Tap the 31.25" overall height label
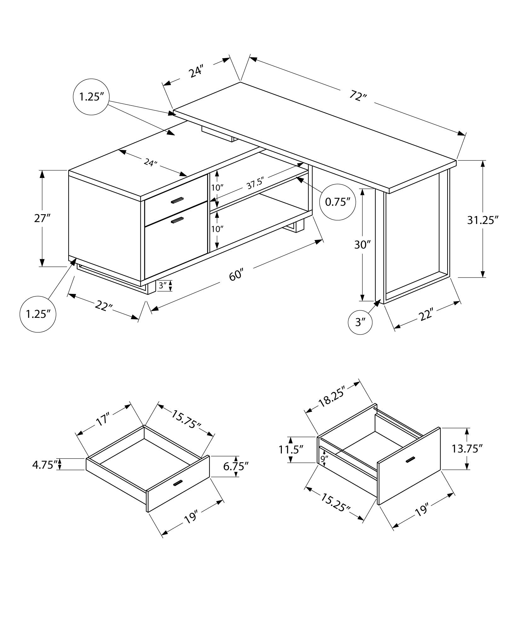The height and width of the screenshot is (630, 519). coord(482,220)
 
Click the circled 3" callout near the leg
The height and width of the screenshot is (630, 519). coord(360,322)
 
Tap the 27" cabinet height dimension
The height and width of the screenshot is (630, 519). coord(42,218)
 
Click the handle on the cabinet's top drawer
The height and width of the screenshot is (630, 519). coord(177,201)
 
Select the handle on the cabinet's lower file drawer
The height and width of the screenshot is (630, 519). coord(177,221)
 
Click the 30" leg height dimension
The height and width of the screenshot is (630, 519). coord(362,244)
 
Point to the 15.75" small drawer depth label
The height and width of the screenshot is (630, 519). coord(186,419)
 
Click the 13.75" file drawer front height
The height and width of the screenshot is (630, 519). coord(467,449)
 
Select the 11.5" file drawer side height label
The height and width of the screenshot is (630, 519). coord(291,450)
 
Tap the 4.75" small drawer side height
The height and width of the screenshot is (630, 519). coord(45,465)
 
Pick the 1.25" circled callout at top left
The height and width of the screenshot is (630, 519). coord(91,97)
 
